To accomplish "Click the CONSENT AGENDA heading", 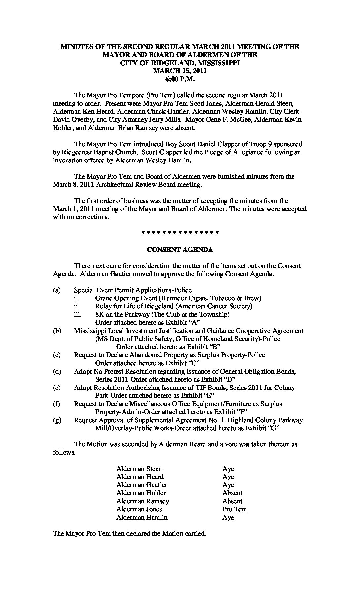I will [180, 250].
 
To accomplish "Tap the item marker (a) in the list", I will [57, 290].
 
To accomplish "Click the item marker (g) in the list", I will [57, 420].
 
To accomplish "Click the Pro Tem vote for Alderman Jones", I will [234, 509].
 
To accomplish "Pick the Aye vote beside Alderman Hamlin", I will [228, 517].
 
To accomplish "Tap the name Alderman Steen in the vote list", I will [139, 469].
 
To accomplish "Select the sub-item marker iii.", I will [77, 315].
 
